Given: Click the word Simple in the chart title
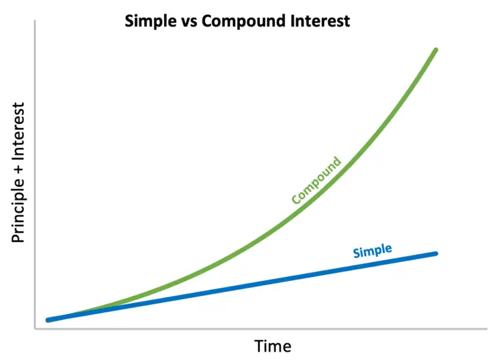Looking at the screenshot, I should point(150,21).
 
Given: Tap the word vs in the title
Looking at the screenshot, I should point(188,21).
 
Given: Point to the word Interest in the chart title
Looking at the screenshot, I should point(318,21).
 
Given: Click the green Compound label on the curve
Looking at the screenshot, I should point(316,180).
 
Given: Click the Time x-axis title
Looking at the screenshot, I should point(272,345).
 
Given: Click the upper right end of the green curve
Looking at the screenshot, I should point(436,50).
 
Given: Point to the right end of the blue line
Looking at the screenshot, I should point(436,253).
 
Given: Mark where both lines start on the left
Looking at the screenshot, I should point(48,320).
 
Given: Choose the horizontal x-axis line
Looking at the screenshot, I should point(259,329).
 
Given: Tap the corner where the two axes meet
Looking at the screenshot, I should point(34,329).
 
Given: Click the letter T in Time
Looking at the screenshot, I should point(258,345).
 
